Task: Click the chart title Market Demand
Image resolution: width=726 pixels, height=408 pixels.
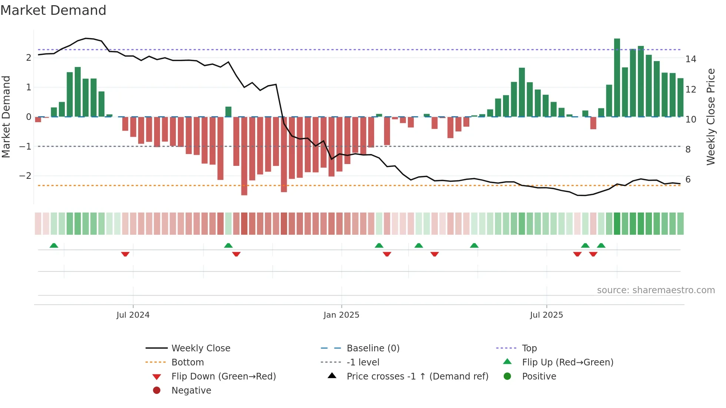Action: click(53, 10)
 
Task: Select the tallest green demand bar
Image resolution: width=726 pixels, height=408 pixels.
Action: click(617, 78)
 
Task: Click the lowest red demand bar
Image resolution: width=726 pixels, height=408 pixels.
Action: click(244, 156)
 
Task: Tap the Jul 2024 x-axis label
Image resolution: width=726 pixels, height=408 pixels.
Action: click(133, 315)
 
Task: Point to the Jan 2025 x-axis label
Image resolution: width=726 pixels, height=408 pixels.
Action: click(341, 315)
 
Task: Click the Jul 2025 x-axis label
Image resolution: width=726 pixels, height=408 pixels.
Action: click(546, 315)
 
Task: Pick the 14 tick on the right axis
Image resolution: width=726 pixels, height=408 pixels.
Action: click(690, 59)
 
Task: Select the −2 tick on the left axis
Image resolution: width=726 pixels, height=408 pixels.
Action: click(25, 176)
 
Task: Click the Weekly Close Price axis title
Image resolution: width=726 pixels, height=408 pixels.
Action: click(710, 117)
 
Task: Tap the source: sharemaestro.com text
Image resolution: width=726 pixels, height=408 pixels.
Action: click(656, 290)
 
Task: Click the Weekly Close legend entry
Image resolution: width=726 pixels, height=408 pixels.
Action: click(200, 348)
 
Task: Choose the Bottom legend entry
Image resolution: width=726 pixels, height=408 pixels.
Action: click(187, 362)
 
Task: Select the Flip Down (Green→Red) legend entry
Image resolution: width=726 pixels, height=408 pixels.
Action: click(223, 377)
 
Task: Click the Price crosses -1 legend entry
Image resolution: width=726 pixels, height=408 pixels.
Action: click(417, 377)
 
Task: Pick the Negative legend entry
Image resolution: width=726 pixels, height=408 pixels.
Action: click(191, 391)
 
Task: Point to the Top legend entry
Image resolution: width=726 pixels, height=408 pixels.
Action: click(529, 348)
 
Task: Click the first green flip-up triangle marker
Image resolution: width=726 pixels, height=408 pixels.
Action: click(54, 245)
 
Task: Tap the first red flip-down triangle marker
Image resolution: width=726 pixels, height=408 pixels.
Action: click(125, 254)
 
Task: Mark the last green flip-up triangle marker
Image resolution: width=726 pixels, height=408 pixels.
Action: click(601, 245)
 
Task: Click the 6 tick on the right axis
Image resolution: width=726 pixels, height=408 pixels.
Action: click(688, 180)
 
